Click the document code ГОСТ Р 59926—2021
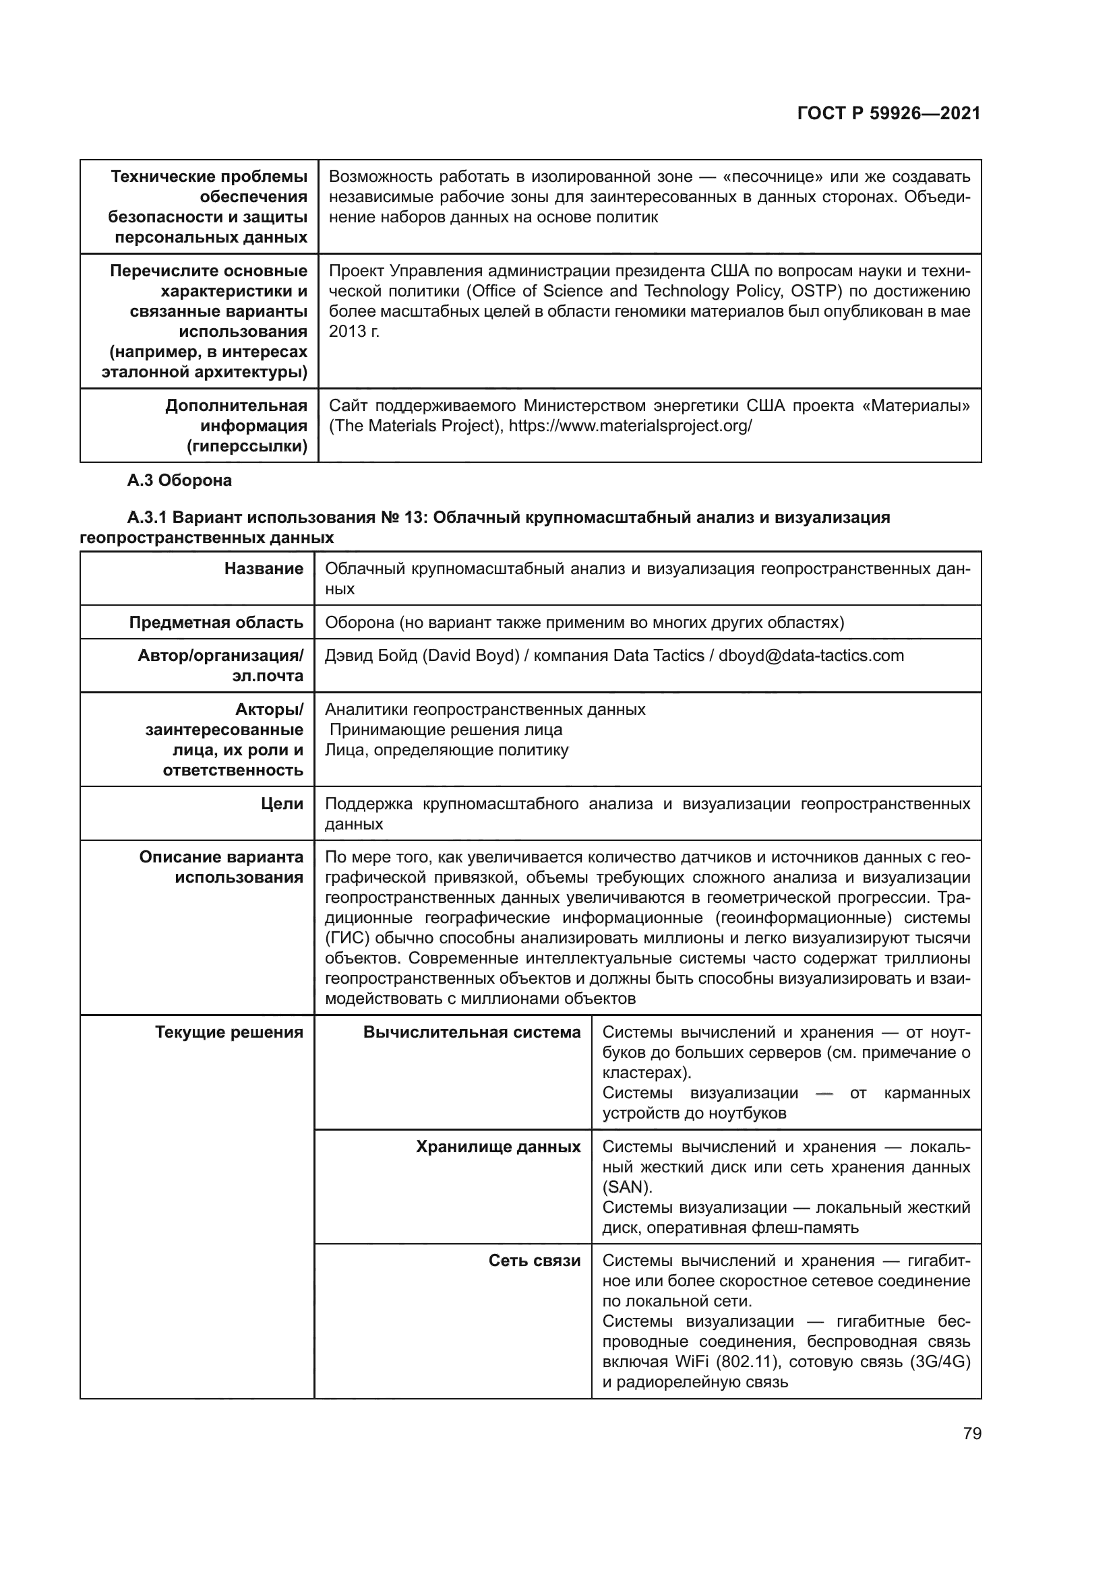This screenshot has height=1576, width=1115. pyautogui.click(x=888, y=114)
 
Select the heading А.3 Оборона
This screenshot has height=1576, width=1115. pyautogui.click(x=179, y=480)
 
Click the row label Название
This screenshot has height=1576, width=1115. pyautogui.click(x=264, y=569)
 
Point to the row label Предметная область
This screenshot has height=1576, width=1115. pyautogui.click(x=216, y=623)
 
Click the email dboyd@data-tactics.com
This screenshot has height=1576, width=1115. pyautogui.click(x=811, y=656)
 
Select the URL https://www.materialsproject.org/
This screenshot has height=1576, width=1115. pyautogui.click(x=630, y=427)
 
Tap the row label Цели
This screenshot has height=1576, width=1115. pyautogui.click(x=282, y=804)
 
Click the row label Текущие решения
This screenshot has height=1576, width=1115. pyautogui.click(x=229, y=1032)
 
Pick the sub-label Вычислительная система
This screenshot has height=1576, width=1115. pyautogui.click(x=472, y=1032)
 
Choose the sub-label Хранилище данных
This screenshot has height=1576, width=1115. pyautogui.click(x=498, y=1147)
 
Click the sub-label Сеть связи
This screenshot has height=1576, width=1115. pyautogui.click(x=534, y=1261)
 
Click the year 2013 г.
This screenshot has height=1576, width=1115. pyautogui.click(x=354, y=332)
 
